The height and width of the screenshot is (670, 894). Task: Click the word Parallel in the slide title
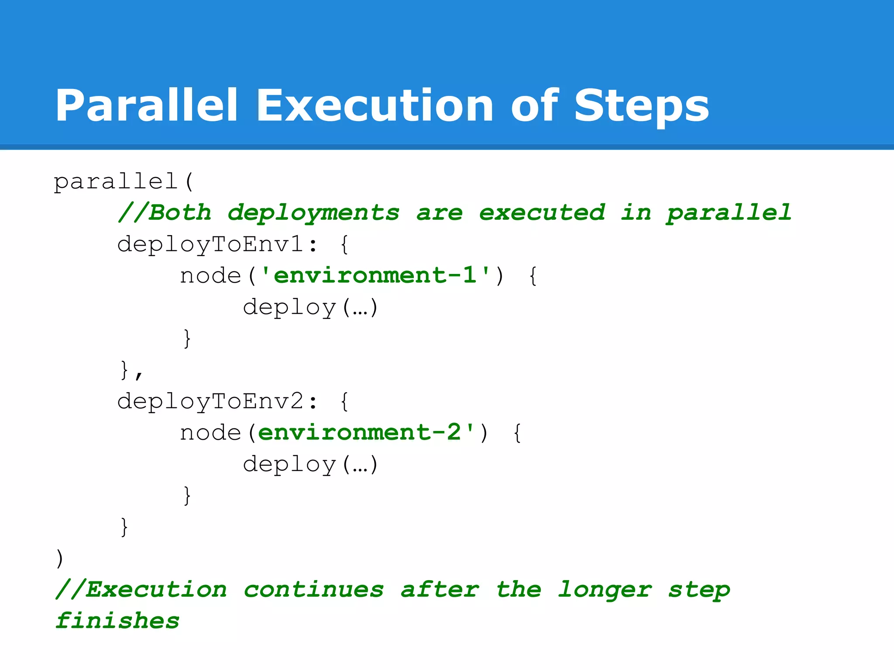click(x=146, y=106)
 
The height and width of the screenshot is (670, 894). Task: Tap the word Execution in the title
click(x=375, y=106)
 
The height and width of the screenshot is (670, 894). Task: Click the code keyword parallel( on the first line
click(x=123, y=181)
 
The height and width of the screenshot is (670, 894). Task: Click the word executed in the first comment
click(x=542, y=213)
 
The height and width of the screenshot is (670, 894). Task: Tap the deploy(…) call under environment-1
click(x=310, y=308)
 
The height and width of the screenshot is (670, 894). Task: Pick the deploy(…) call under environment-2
click(x=310, y=465)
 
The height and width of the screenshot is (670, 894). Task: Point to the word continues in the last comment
click(x=313, y=590)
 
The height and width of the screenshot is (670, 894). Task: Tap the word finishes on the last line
click(x=117, y=621)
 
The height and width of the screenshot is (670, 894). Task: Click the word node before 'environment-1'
click(x=210, y=276)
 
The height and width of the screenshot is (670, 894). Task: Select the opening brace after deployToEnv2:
click(x=344, y=402)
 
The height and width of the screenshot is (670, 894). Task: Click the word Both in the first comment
click(x=180, y=213)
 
